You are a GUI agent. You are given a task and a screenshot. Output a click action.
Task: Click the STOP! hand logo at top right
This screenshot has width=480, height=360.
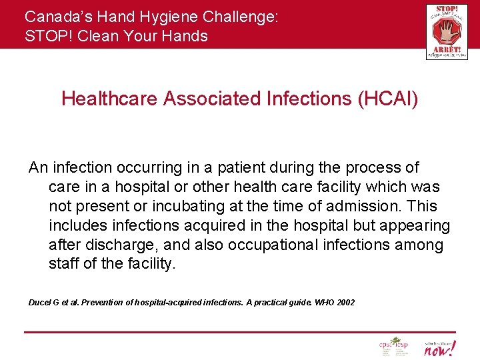click(x=446, y=31)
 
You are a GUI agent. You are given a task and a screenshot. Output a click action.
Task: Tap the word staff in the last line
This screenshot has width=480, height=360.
click(x=64, y=264)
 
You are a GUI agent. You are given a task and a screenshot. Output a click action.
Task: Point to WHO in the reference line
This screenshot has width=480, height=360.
click(x=324, y=303)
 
